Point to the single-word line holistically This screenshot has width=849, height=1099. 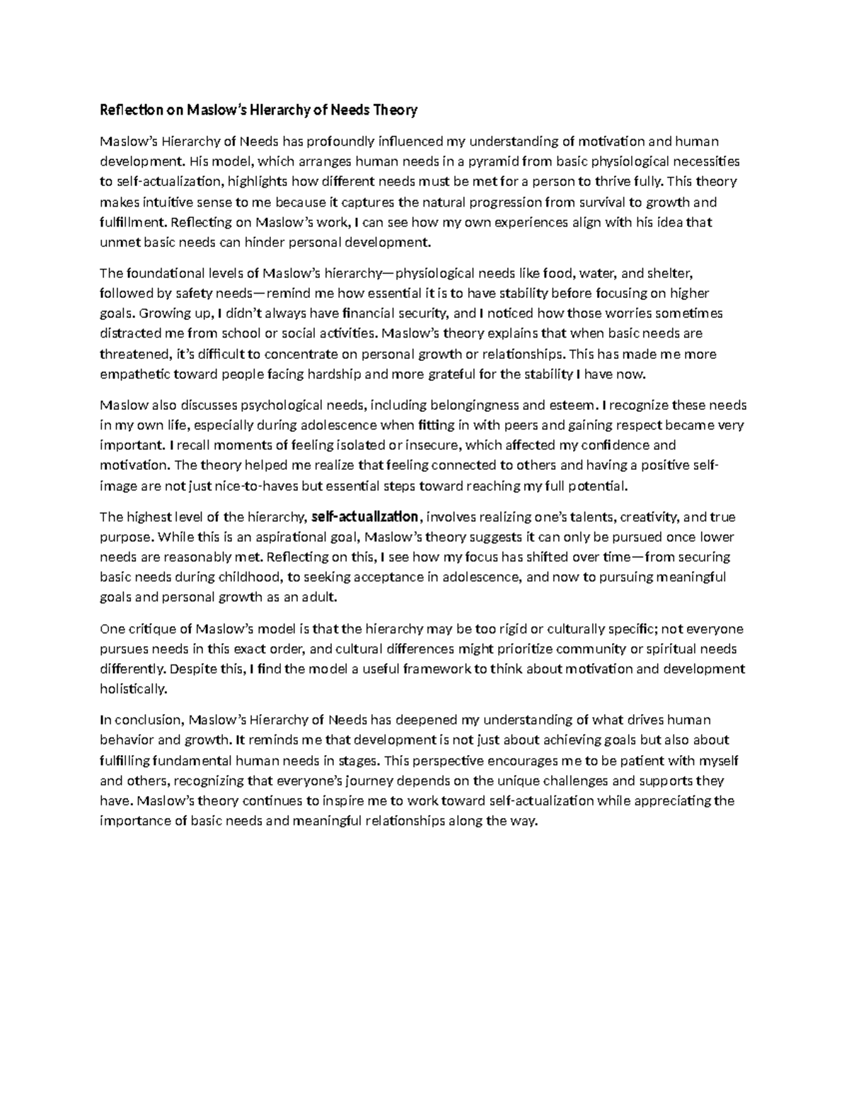tap(134, 689)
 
